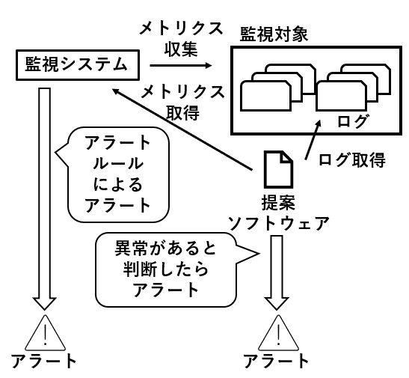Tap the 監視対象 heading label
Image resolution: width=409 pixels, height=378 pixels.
tap(274, 34)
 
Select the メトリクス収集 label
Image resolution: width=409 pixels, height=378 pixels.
tap(181, 39)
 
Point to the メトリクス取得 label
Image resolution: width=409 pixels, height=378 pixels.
tap(182, 103)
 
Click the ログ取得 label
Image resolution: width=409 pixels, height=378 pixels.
tap(352, 159)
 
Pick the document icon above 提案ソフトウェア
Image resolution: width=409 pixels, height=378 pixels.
tap(279, 169)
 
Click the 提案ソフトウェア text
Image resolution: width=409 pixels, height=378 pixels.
tap(279, 213)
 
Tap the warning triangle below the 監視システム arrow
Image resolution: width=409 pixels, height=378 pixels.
tap(45, 333)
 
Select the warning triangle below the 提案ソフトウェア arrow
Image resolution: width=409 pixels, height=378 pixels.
tap(278, 333)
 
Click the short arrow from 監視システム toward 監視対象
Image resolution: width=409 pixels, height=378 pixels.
tap(181, 65)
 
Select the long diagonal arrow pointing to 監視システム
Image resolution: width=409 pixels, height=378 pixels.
tap(182, 129)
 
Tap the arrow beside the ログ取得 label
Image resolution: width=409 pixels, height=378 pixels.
tap(313, 139)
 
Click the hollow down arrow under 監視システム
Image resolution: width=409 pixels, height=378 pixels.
tap(45, 199)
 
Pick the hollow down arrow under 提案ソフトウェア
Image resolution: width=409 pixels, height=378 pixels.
tap(277, 272)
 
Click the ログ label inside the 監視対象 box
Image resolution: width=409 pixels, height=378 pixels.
tap(352, 121)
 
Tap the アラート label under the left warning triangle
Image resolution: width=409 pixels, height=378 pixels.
tap(43, 361)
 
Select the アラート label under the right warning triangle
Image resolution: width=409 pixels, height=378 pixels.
tap(277, 361)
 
